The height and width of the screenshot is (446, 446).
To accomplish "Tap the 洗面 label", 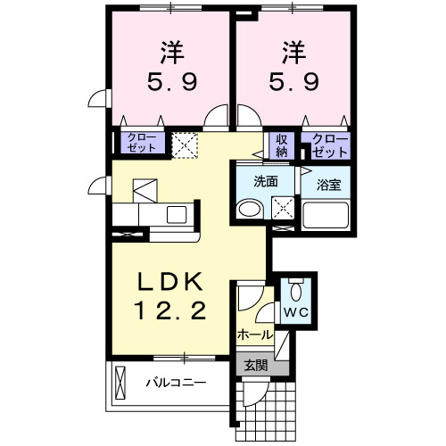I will (266, 181).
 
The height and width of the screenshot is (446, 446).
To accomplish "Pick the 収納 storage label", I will (282, 145).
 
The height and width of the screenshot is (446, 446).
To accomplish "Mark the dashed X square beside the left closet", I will (186, 144).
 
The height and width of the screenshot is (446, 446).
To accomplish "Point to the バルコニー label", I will (177, 383).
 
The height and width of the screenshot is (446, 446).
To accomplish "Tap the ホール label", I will (254, 334).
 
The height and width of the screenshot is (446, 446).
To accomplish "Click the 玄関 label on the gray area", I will (255, 365).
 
